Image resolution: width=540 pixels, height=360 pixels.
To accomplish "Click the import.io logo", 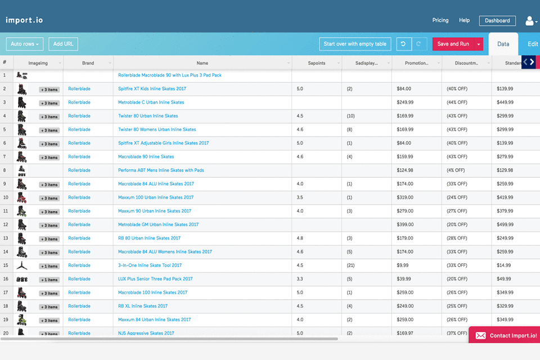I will coord(24,20).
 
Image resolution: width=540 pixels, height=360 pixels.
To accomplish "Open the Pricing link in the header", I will coord(440,20).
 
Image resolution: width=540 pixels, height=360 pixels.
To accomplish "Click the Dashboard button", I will coord(497,21).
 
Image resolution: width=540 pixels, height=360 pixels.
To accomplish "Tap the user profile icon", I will coord(529,21).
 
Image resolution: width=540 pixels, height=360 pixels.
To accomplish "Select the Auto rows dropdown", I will coord(25,44).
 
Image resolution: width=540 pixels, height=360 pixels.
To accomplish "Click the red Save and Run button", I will coord(453,44).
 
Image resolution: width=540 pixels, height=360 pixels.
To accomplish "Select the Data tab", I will coord(503,44).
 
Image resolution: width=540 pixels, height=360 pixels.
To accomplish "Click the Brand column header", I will coord(88,63).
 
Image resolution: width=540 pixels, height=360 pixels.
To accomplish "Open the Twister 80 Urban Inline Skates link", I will coord(148,116).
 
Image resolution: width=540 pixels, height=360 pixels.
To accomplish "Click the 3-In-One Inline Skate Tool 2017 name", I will coord(150,265).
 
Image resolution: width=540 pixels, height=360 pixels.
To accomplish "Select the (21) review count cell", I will coord(350,265).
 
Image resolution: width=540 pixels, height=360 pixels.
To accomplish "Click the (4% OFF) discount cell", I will coord(456,170).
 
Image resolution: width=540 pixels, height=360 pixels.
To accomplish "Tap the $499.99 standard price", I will coord(505,224).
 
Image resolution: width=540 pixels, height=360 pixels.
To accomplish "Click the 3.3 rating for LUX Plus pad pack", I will coord(300,279).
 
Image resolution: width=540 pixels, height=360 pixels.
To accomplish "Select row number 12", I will coord(5,224).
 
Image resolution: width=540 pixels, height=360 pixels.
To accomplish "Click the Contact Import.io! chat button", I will coord(506,335).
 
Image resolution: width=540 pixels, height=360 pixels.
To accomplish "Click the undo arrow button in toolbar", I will coord(403,44).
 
